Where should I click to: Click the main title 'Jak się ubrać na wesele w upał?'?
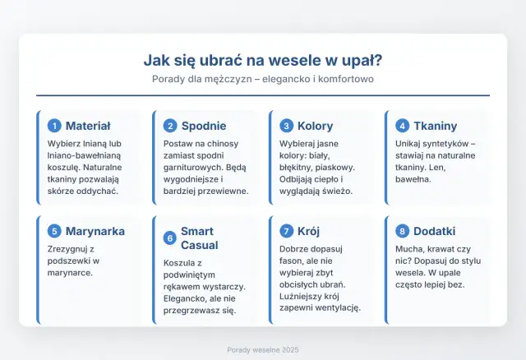tap(262, 60)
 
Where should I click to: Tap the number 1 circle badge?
tap(54, 126)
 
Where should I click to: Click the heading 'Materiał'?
tap(88, 126)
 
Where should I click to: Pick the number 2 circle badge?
tap(170, 126)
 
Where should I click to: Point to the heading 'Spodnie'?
tap(204, 126)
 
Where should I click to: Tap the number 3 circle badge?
tap(286, 126)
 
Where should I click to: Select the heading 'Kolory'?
tap(316, 126)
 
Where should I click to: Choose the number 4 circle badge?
tap(402, 126)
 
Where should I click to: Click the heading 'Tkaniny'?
tap(436, 126)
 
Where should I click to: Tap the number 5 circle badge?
tap(54, 231)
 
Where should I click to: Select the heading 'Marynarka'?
tap(95, 231)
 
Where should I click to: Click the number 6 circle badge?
tap(170, 238)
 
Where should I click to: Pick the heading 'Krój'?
tap(310, 231)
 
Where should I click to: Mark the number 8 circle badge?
tap(402, 231)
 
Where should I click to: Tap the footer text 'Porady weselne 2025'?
tap(262, 349)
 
